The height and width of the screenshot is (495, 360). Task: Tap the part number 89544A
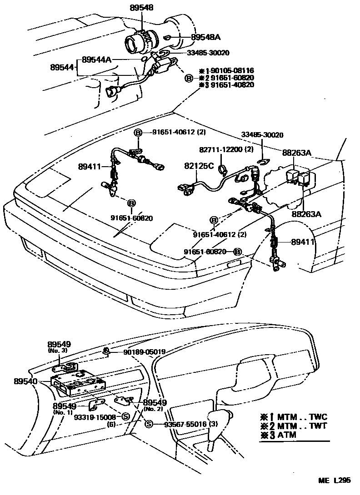coord(97,59)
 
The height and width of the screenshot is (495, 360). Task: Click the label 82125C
coord(199,166)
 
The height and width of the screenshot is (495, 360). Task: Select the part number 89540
coord(25,382)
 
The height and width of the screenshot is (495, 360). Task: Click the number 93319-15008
coord(96,417)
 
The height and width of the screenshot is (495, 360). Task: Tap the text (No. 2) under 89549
coord(155,409)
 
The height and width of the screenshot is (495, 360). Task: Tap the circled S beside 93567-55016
coord(148,424)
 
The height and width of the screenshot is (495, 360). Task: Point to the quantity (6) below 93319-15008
coord(112,424)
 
